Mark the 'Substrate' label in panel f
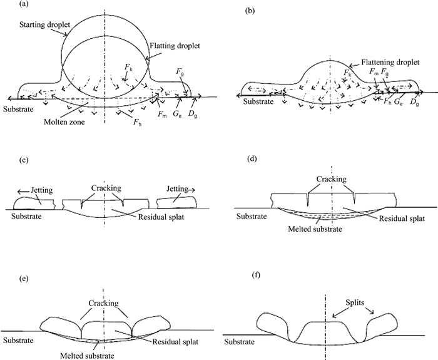(240, 342)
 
